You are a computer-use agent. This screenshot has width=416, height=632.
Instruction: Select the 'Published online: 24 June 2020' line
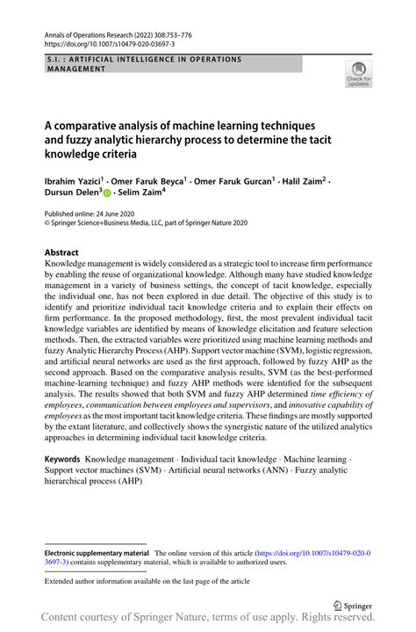(x=96, y=214)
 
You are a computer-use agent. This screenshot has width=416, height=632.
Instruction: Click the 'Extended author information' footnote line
(x=147, y=582)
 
